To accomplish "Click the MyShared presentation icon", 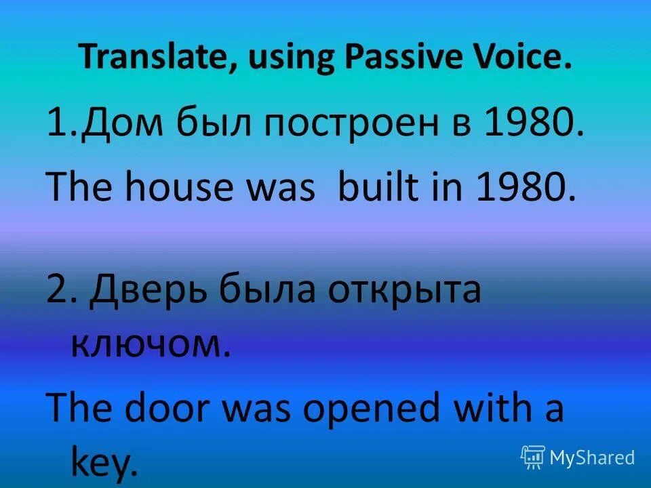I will pos(533,457).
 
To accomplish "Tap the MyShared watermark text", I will pos(592,458).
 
